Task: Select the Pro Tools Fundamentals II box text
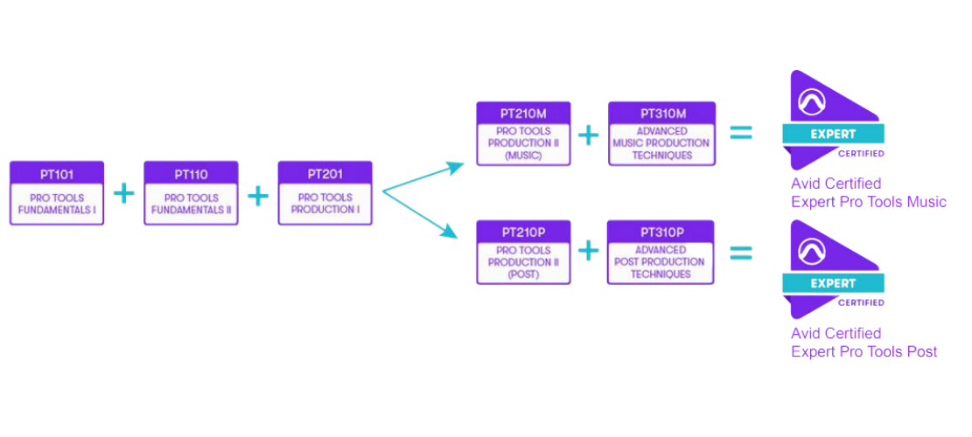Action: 191,205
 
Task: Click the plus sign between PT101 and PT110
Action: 124,194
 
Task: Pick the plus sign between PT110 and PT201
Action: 258,194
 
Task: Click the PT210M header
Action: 523,114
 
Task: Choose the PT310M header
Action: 662,114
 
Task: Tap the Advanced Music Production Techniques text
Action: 661,143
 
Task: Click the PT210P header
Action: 523,232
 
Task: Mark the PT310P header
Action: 661,232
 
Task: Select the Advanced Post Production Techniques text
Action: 661,261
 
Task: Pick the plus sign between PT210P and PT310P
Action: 589,252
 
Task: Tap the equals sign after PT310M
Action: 740,133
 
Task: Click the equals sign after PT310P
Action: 740,252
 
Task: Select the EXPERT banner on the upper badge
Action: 833,134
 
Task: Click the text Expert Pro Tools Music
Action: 868,203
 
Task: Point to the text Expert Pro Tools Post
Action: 864,352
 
